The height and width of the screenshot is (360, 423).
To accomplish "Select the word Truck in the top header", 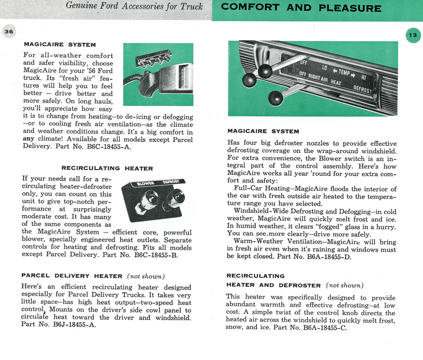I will [x=193, y=6].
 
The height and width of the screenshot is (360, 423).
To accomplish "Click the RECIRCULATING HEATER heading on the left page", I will [x=107, y=168].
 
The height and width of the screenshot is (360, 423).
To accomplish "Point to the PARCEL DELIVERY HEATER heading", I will [x=72, y=276].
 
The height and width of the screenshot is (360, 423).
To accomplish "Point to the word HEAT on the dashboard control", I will [x=336, y=83].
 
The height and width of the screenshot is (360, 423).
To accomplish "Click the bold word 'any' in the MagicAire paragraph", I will [x=28, y=139].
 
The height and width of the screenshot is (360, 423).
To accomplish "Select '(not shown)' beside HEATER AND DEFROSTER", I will [x=345, y=285].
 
